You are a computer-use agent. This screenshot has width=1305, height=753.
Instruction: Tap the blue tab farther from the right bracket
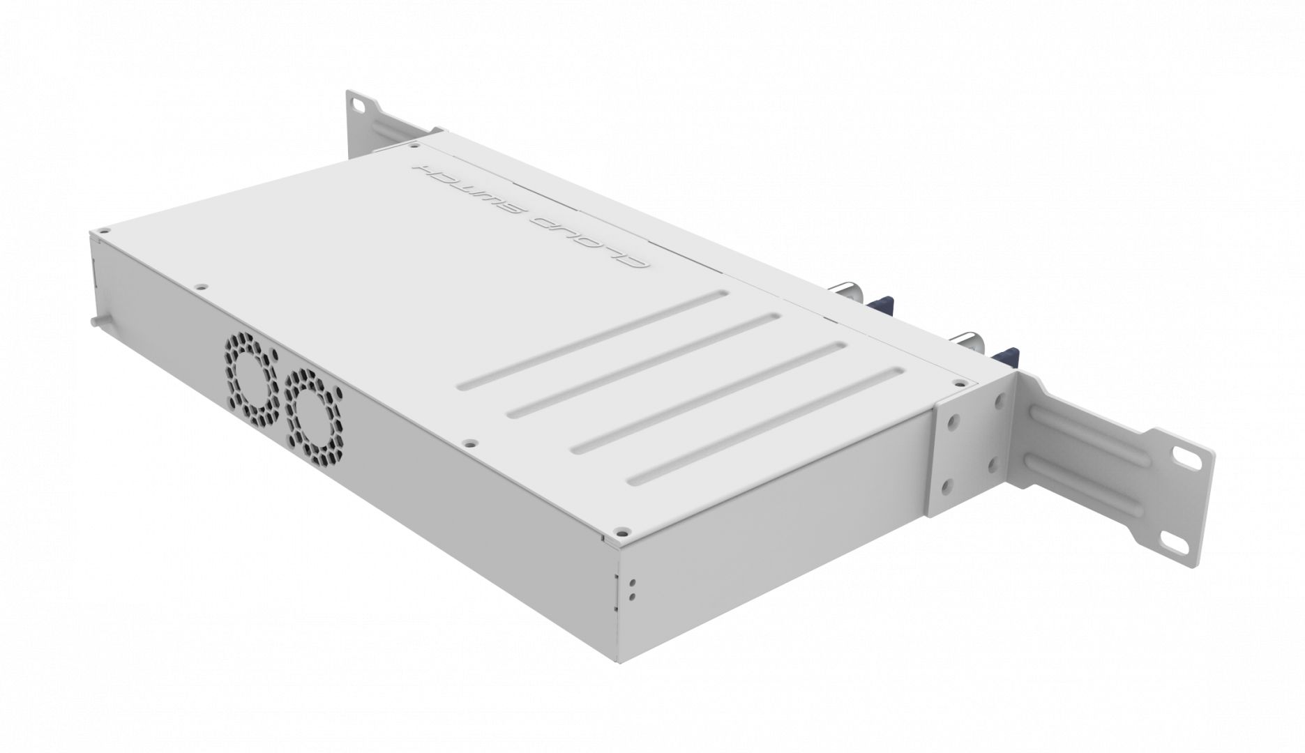pos(881,307)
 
